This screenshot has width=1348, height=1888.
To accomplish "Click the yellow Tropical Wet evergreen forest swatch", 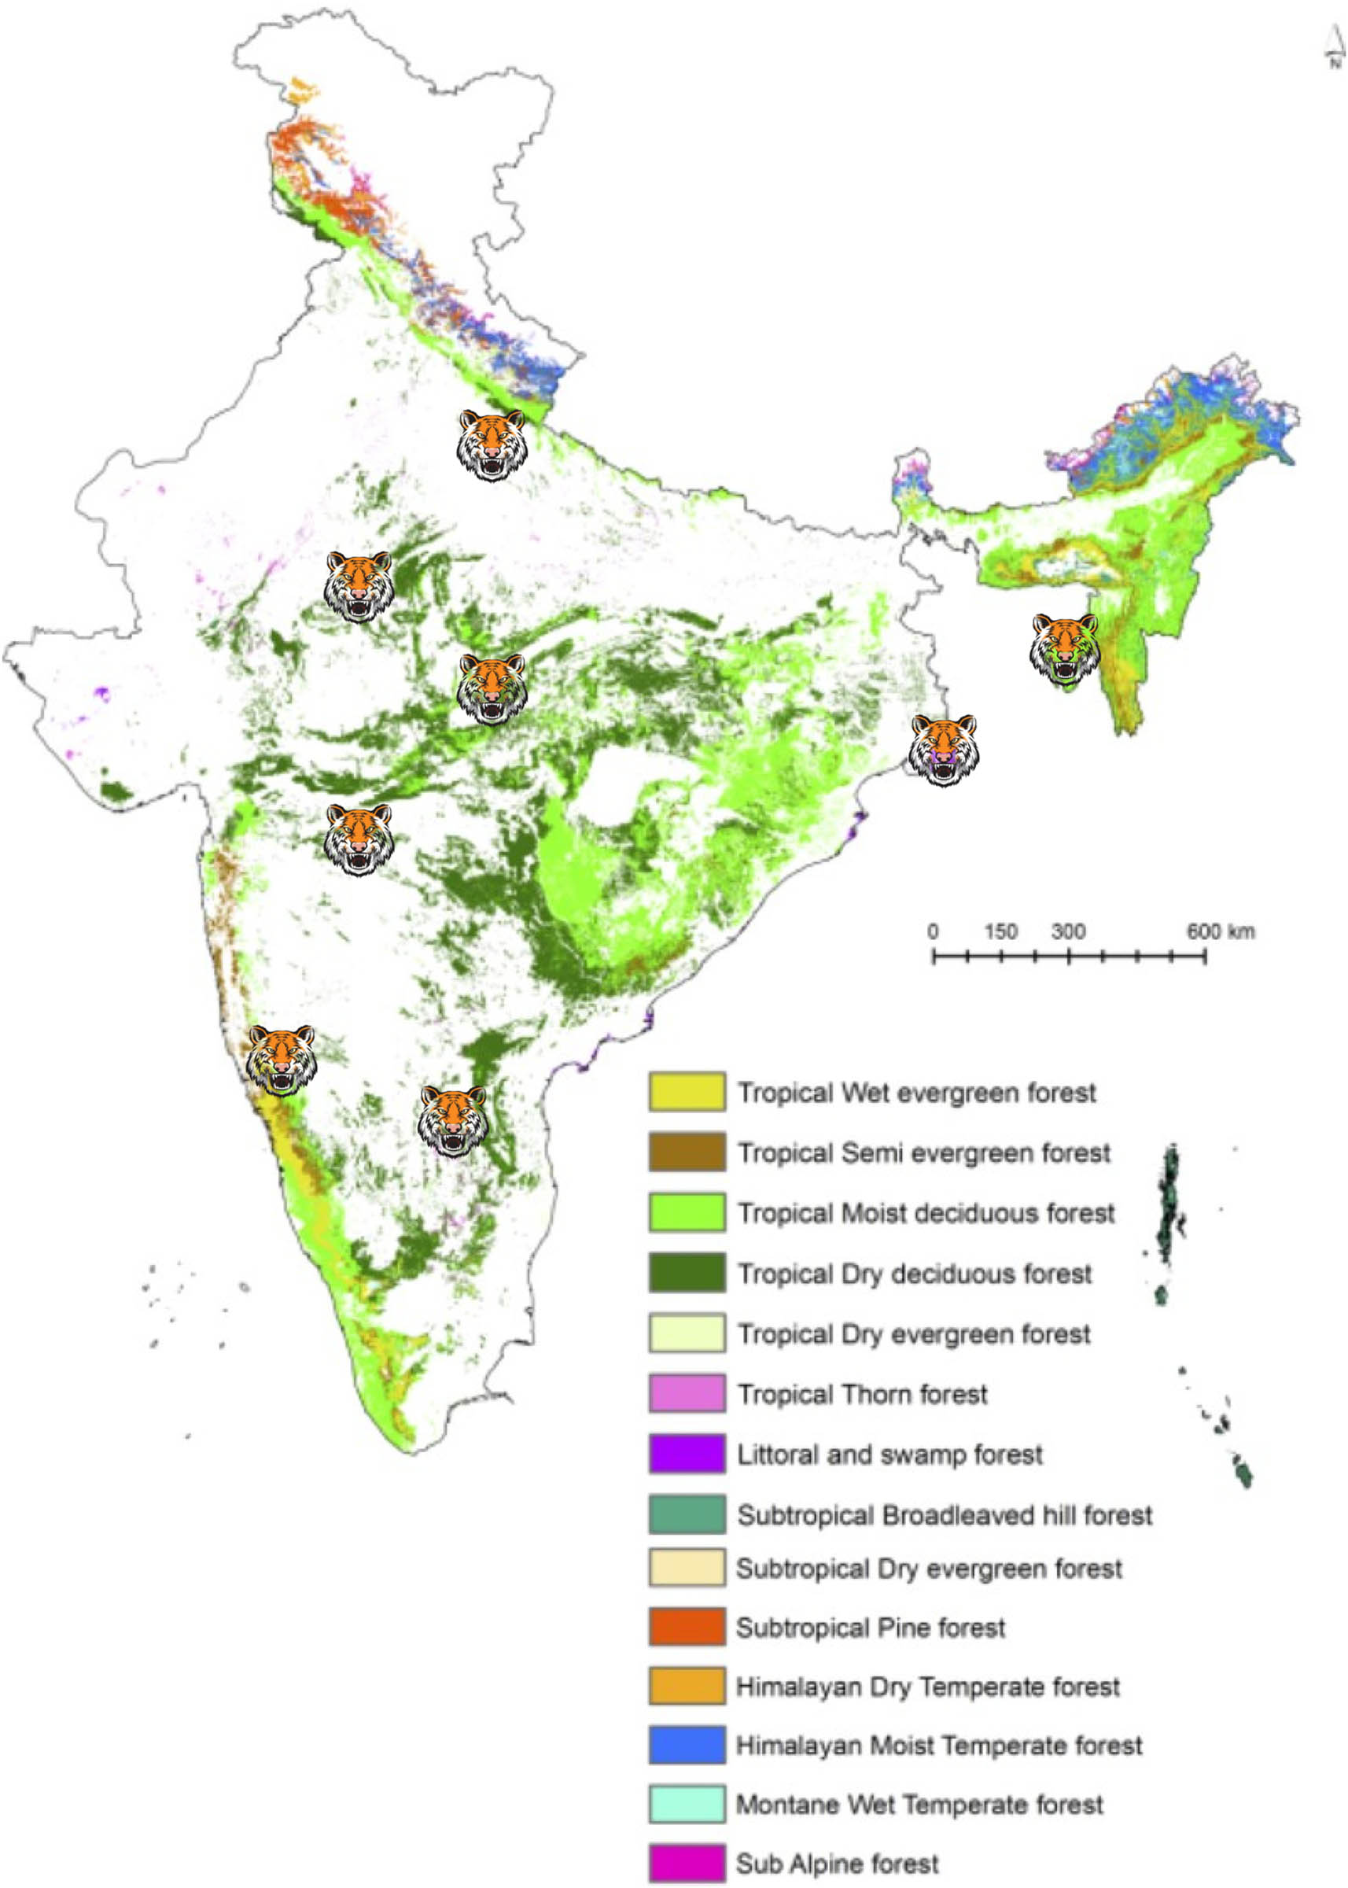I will [687, 1092].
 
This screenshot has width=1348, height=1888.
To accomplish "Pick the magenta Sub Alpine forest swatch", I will [687, 1863].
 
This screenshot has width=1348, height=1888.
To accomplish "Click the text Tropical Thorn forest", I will [863, 1394].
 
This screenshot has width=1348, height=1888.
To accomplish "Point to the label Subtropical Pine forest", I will [870, 1628].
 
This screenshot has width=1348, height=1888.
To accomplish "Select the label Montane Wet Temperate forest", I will [919, 1804].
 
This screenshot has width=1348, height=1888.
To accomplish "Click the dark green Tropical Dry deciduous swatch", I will [687, 1273].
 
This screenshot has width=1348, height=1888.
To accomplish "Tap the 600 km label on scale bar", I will [1219, 931].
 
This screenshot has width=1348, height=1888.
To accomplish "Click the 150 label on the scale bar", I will [1001, 931].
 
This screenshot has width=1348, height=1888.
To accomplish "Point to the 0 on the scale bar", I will [933, 931].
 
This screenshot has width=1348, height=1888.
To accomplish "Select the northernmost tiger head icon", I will [492, 445].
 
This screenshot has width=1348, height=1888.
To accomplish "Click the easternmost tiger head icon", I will [1065, 650].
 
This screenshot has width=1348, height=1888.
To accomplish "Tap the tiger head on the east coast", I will [944, 750].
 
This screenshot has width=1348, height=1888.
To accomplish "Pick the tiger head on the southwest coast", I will [282, 1060].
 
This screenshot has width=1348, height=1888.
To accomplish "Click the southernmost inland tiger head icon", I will [452, 1121].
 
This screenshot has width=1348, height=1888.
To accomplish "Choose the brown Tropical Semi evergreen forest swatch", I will [687, 1152].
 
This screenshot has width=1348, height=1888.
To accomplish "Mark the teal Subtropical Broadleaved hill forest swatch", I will [687, 1514].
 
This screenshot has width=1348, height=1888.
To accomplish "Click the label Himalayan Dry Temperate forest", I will [927, 1687].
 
